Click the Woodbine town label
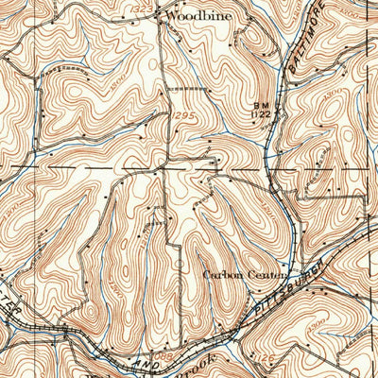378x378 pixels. pos(197,16)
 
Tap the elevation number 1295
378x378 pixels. pos(181,115)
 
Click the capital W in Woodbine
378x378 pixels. pos(170,16)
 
